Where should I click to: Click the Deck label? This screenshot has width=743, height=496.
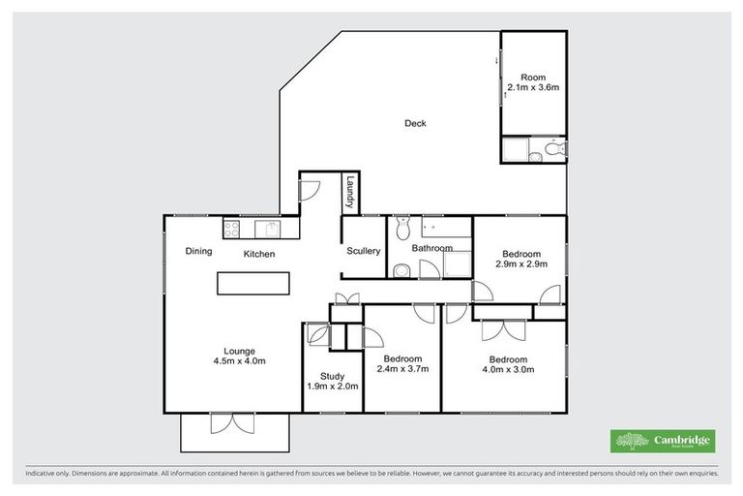pos(415,123)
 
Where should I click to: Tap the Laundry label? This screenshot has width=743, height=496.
pos(350,192)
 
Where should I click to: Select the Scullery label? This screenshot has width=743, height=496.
pos(363,252)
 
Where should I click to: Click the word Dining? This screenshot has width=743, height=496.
pos(198,252)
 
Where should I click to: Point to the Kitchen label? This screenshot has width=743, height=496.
pos(259,254)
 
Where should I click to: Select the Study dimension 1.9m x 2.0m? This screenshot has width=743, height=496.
pos(332,386)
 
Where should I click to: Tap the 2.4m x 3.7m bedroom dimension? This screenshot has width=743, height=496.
pos(401,368)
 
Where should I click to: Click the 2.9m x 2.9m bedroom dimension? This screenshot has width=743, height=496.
pos(521,263)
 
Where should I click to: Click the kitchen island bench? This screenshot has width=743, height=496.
pos(253,283)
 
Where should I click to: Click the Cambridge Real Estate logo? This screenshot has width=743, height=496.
pos(663,442)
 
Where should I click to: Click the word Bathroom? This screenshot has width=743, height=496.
pos(431,248)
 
